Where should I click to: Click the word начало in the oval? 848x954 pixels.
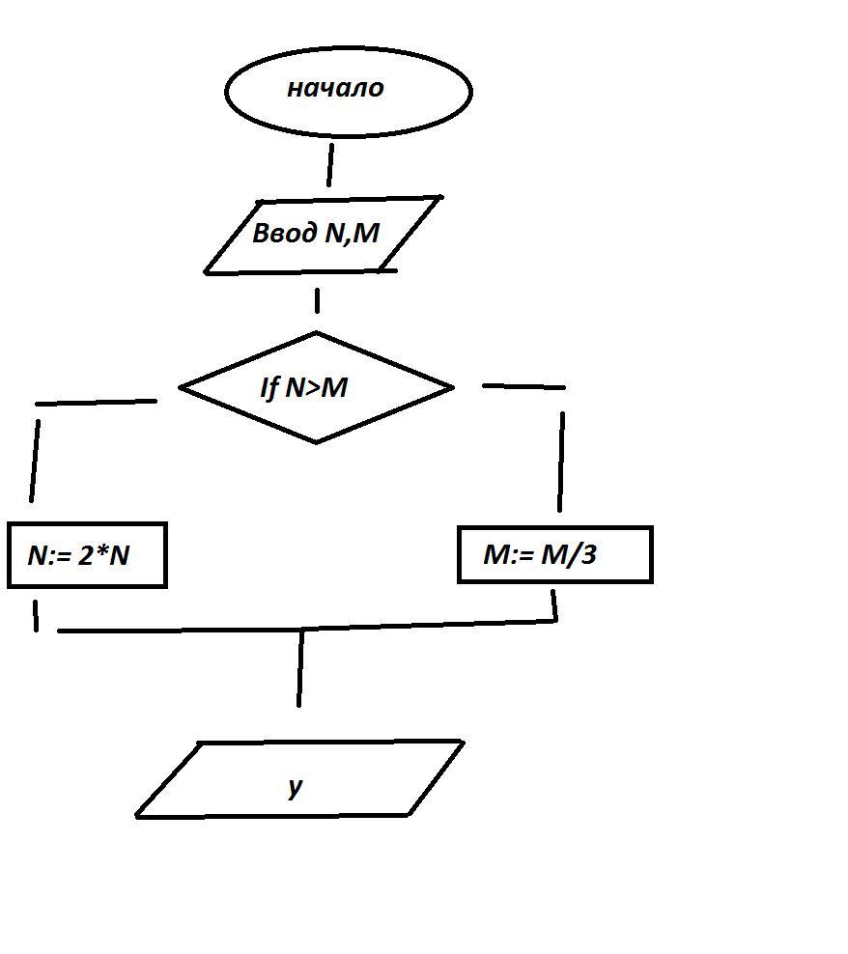point(335,88)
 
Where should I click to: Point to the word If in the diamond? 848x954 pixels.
point(269,387)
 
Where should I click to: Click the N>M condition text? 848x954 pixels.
point(317,387)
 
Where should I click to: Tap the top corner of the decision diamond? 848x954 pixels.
point(316,334)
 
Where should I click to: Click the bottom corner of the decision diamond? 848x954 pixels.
point(317,442)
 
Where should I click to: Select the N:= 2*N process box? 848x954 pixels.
point(87,555)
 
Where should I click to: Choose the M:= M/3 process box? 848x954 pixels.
point(554,554)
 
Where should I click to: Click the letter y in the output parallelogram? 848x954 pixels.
point(296,786)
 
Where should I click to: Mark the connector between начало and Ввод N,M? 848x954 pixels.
point(330,165)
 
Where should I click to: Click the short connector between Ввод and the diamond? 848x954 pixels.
point(317,300)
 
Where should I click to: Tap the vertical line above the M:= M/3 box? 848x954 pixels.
point(561,462)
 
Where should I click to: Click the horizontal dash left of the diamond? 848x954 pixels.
point(97,402)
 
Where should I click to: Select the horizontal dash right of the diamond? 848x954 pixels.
point(523,386)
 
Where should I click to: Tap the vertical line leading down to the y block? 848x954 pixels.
point(300,668)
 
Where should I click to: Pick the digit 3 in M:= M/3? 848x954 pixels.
point(588,555)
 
